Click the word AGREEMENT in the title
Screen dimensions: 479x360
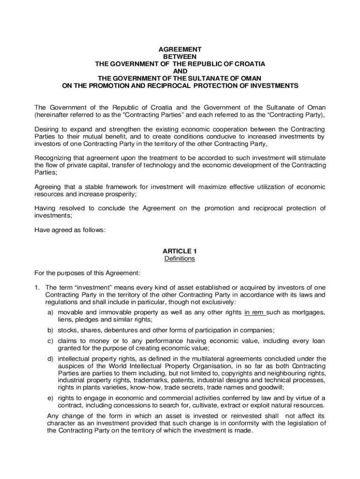coord(180,49)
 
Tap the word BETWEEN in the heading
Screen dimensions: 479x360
coord(180,56)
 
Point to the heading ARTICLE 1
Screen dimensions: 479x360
coord(180,251)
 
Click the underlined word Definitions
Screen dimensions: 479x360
coord(180,259)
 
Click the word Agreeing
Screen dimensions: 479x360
coord(49,187)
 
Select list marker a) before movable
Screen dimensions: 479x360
coord(50,312)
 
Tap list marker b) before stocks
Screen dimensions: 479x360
coord(50,330)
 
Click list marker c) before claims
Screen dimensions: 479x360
coord(50,341)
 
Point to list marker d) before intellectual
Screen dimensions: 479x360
coord(50,359)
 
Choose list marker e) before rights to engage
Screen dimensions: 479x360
coord(50,398)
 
